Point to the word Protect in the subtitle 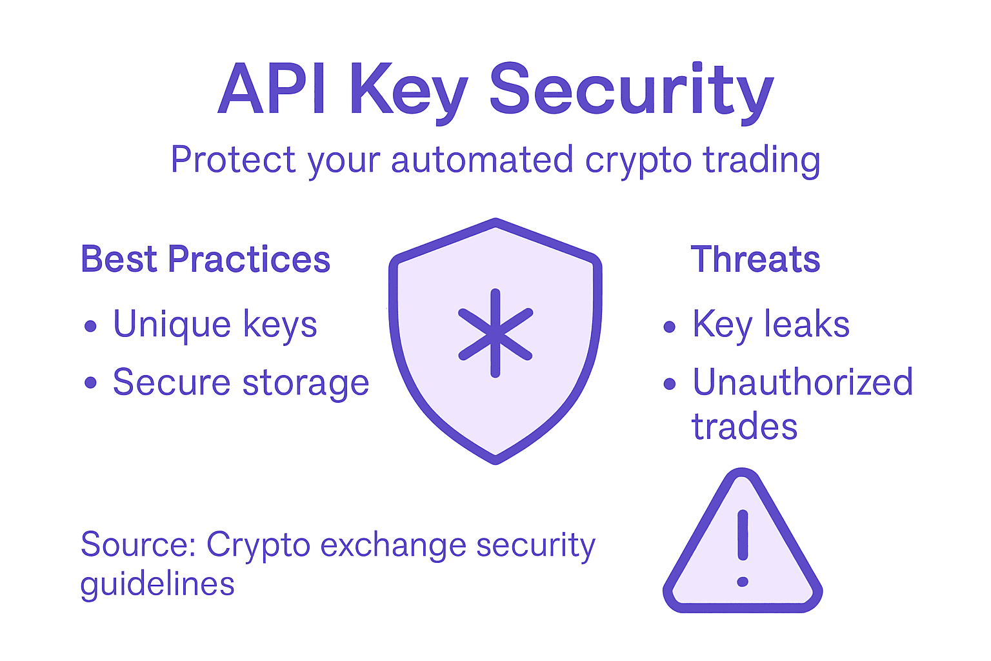point(233,159)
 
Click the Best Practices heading point(205,259)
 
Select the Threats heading point(756,259)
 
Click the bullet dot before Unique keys point(90,326)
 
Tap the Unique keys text point(215,325)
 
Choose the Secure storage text point(241,383)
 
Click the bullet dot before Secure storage point(90,383)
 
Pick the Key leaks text point(771,324)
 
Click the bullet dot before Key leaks point(670,327)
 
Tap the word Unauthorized point(803,382)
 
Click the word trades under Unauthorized point(745,427)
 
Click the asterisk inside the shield point(495,333)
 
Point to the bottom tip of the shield point(495,460)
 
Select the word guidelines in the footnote point(157,585)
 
